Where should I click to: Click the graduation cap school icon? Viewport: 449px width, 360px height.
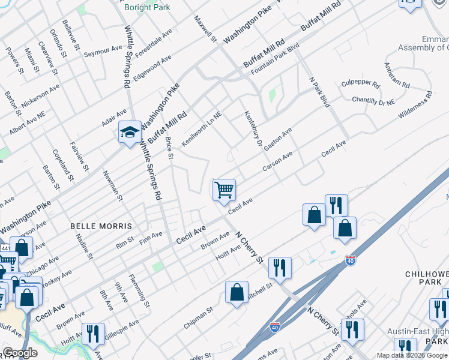pyautogui.click(x=129, y=133)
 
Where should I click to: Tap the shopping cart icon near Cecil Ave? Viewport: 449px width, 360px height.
pyautogui.click(x=224, y=190)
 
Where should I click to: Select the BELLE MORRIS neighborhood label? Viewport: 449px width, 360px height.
pyautogui.click(x=101, y=226)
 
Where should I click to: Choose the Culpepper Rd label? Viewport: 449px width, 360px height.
pyautogui.click(x=361, y=85)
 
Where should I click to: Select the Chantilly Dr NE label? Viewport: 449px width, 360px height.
pyautogui.click(x=373, y=100)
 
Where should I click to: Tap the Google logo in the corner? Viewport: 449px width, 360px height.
pyautogui.click(x=20, y=353)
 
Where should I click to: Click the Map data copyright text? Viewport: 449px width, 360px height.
pyautogui.click(x=412, y=355)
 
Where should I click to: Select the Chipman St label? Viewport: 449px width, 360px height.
pyautogui.click(x=199, y=318)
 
